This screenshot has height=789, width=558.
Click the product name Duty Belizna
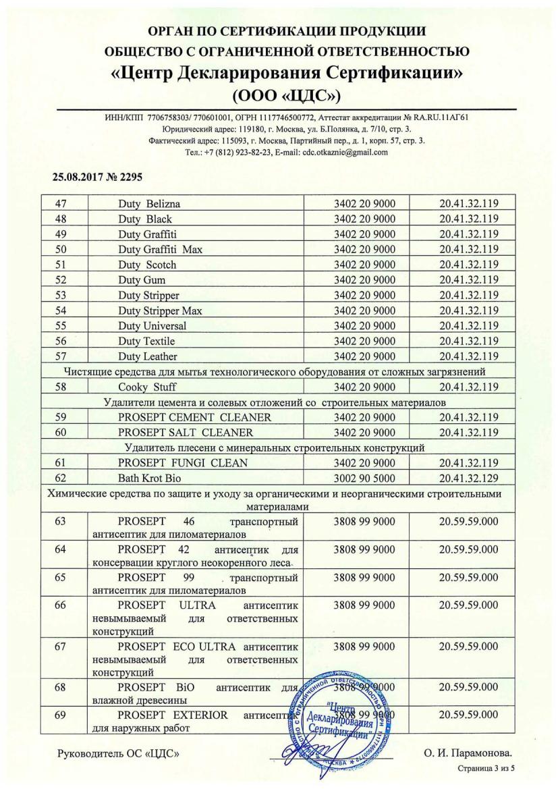[x=150, y=204]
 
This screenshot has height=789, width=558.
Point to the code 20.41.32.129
[x=468, y=477]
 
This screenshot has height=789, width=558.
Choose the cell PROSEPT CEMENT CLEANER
[x=194, y=417]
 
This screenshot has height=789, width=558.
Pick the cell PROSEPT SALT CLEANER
[x=186, y=432]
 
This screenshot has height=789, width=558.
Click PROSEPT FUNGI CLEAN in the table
[x=183, y=462]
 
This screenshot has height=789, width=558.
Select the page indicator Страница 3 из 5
[x=489, y=768]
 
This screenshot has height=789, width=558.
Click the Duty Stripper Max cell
[x=160, y=310]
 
